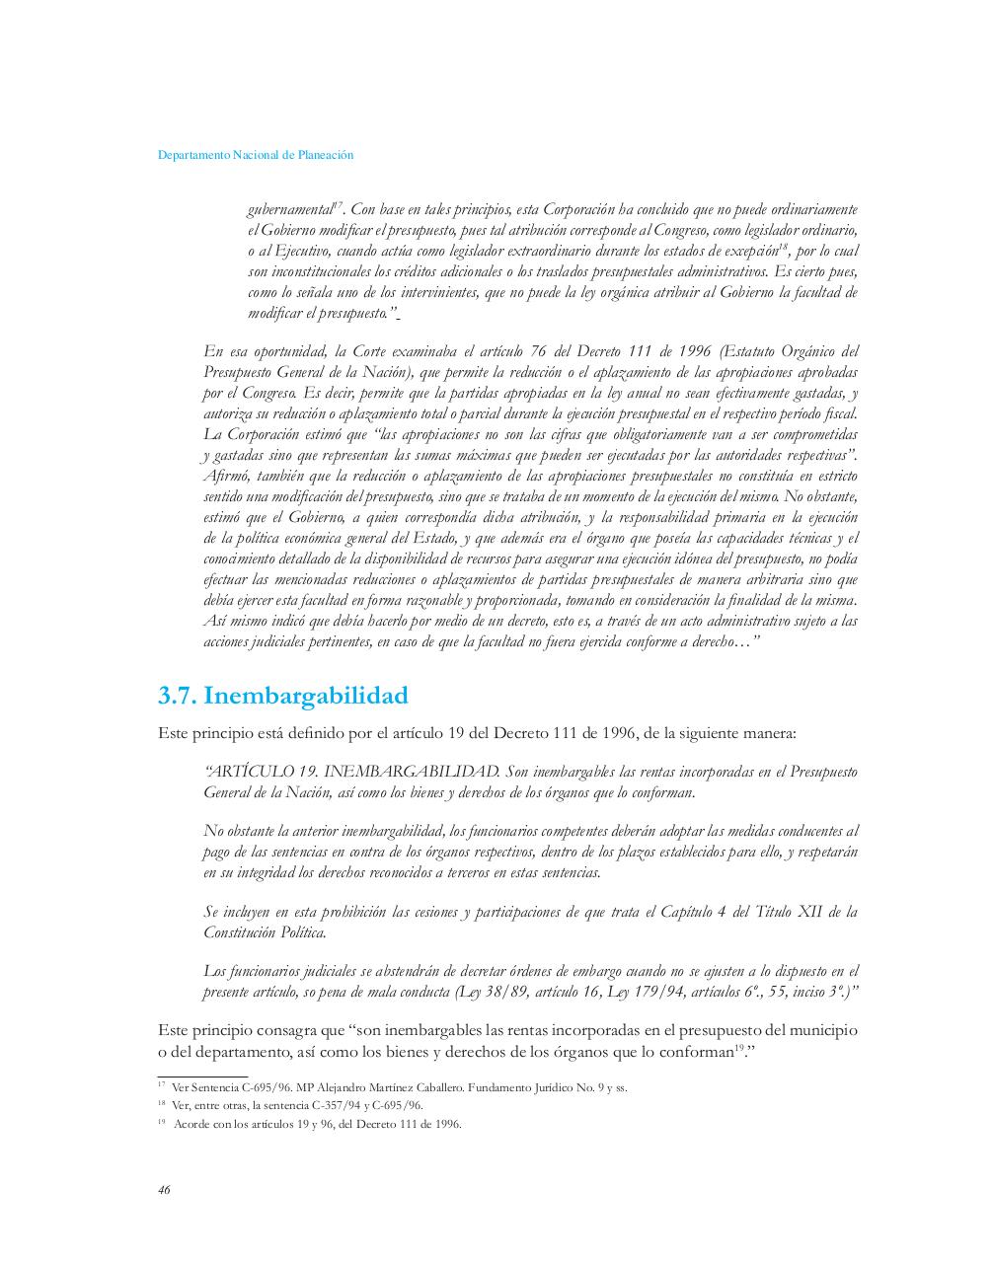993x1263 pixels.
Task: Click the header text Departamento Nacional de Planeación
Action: point(256,155)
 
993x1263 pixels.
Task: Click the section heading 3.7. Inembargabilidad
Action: point(282,696)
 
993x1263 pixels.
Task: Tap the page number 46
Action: point(164,1190)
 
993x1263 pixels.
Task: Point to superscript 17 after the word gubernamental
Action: point(338,204)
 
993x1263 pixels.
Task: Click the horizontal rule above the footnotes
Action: point(202,1077)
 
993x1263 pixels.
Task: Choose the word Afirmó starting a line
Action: point(226,476)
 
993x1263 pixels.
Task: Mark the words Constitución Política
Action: point(264,932)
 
